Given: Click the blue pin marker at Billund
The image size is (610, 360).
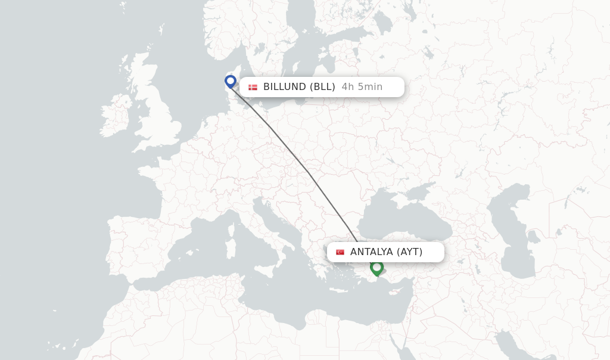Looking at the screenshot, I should click(x=231, y=81).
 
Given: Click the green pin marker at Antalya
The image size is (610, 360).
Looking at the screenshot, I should click(x=376, y=267).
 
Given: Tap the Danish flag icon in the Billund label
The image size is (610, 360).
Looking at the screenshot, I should click(x=253, y=87).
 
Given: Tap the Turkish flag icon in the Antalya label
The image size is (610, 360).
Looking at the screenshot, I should click(x=340, y=252).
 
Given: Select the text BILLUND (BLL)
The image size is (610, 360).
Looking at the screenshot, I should click(x=299, y=87).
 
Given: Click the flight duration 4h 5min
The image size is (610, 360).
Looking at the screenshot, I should click(x=362, y=87).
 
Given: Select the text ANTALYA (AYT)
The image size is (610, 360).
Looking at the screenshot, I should click(x=386, y=252).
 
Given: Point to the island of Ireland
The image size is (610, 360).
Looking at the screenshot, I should click(x=115, y=120).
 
